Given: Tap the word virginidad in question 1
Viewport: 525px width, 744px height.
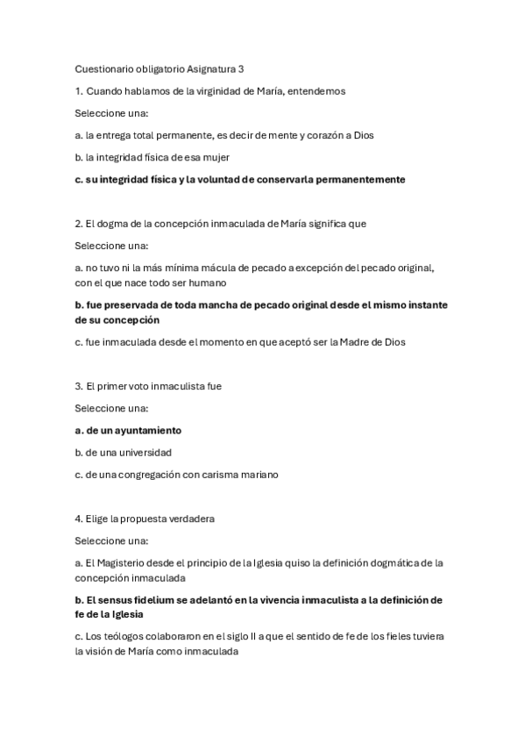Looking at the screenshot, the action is click(223, 91).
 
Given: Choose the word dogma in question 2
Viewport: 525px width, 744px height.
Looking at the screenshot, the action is click(112, 224).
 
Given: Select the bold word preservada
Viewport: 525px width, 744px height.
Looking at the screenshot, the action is click(130, 304).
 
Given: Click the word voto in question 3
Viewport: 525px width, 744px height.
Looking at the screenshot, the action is click(148, 386).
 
